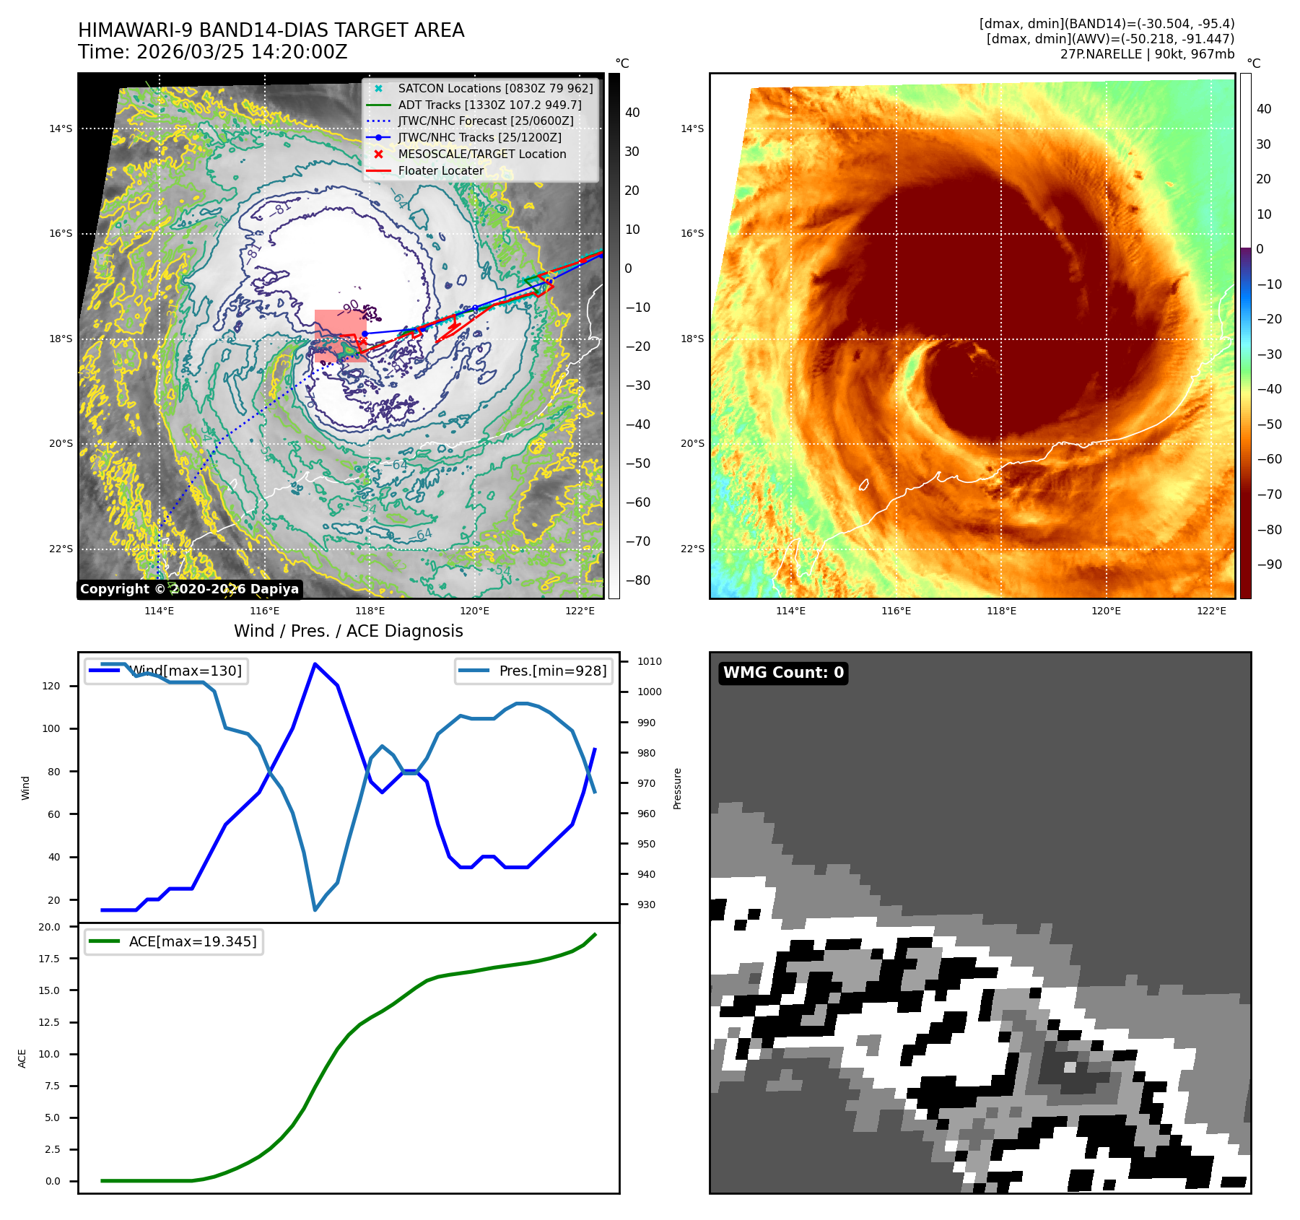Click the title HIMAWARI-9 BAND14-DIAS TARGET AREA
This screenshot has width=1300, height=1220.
pos(271,30)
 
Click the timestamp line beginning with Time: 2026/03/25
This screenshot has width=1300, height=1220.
pos(212,52)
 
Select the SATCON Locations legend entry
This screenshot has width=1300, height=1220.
pos(495,88)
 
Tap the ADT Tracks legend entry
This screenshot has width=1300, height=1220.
pos(489,105)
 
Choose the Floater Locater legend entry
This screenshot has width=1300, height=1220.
pos(440,170)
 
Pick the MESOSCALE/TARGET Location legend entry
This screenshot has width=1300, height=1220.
pos(481,154)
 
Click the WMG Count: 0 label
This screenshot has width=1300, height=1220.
pos(783,673)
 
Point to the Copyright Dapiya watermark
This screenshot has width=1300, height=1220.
pos(189,589)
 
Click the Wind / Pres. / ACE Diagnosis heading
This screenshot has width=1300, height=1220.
pos(348,631)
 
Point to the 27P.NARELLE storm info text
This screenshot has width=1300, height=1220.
pos(1147,54)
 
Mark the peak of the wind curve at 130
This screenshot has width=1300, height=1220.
pos(315,663)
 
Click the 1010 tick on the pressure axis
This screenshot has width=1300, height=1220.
pos(649,661)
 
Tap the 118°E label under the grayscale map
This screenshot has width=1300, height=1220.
pos(370,611)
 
